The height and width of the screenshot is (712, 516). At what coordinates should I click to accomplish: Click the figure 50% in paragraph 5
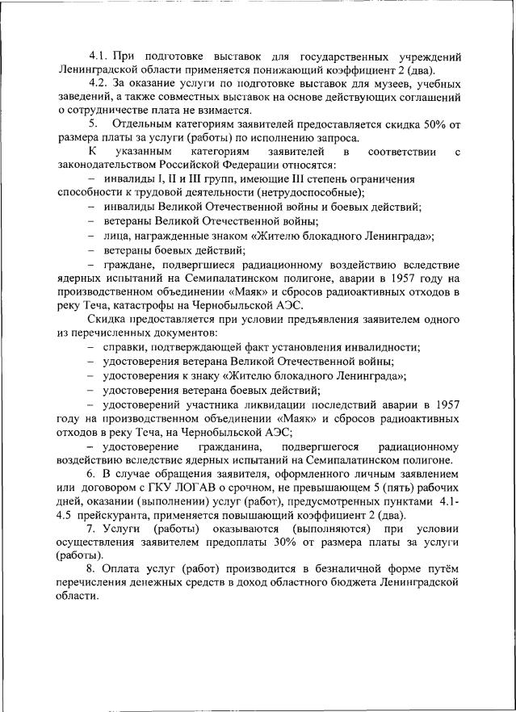[429, 124]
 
